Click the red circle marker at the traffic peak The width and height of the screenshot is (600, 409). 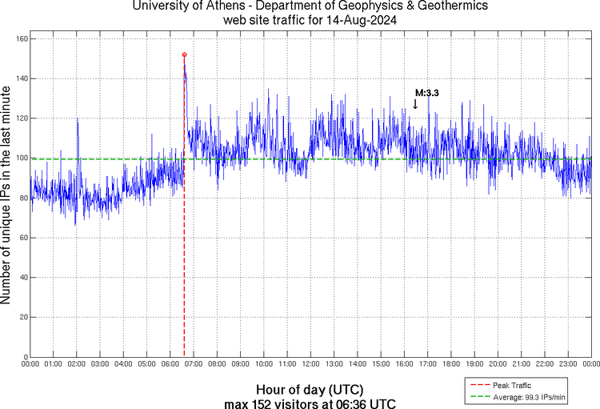[185, 55]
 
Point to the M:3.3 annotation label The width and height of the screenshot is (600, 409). [426, 93]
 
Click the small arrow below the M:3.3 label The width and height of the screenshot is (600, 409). [414, 103]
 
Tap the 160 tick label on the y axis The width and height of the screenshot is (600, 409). [22, 39]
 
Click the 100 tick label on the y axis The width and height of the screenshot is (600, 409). [22, 158]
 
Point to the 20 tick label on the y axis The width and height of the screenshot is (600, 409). [24, 318]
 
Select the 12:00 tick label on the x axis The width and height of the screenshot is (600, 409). [310, 364]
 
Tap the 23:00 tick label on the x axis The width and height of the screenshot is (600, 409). [567, 364]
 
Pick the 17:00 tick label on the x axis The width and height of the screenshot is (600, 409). [427, 364]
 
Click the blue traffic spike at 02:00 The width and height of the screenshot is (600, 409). [78, 120]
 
